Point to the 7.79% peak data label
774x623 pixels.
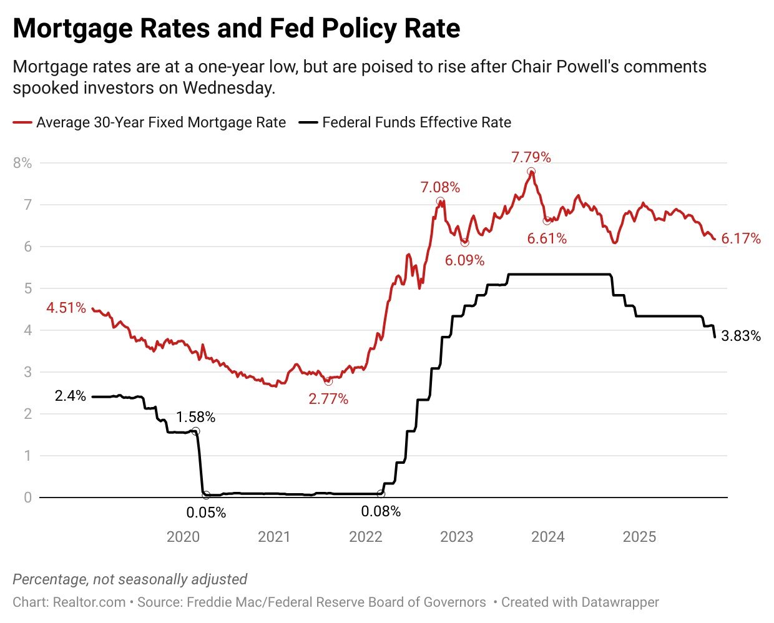[531, 157]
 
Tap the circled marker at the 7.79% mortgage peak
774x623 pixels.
[531, 172]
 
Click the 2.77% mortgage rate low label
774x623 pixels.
[328, 398]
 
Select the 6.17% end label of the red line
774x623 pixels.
[741, 238]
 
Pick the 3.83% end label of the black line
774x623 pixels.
[741, 336]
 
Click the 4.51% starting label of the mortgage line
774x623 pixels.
[66, 308]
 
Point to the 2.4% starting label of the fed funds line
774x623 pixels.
[71, 396]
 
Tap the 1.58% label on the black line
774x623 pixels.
[195, 416]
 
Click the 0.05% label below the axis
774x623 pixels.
[206, 513]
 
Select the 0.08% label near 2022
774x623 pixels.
[381, 512]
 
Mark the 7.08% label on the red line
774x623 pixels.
[440, 187]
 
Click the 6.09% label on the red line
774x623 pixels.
[464, 260]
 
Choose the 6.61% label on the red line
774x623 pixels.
[547, 238]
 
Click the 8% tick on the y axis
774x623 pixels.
[22, 163]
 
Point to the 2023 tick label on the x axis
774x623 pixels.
[456, 537]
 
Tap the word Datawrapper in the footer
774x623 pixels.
[620, 602]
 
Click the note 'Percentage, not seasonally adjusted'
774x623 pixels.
[130, 579]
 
